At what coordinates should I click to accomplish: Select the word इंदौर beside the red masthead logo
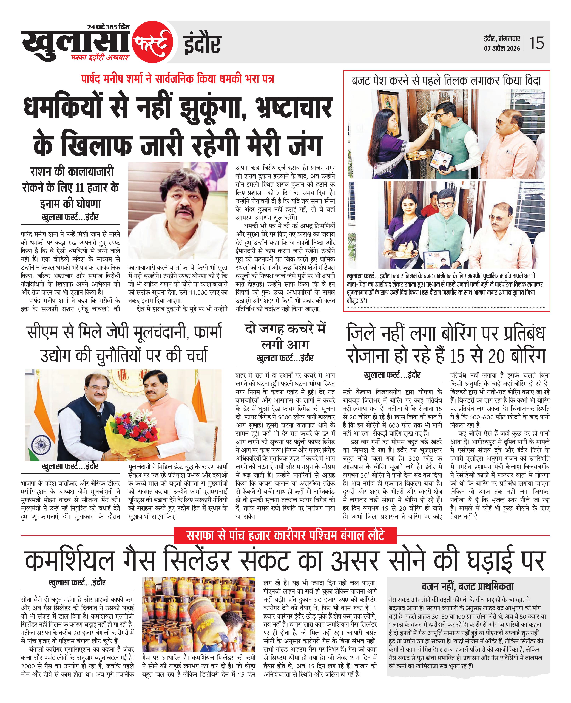(202, 44)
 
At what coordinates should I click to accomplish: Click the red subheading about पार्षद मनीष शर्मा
(178, 79)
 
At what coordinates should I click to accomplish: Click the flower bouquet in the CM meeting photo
(133, 428)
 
